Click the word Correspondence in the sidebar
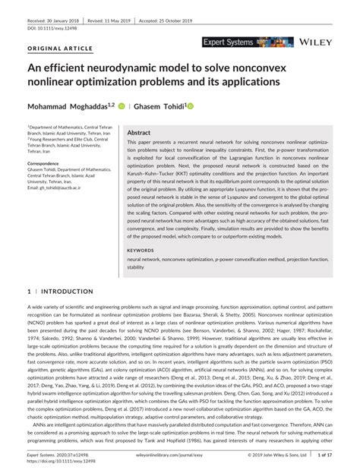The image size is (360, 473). [44, 163]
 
